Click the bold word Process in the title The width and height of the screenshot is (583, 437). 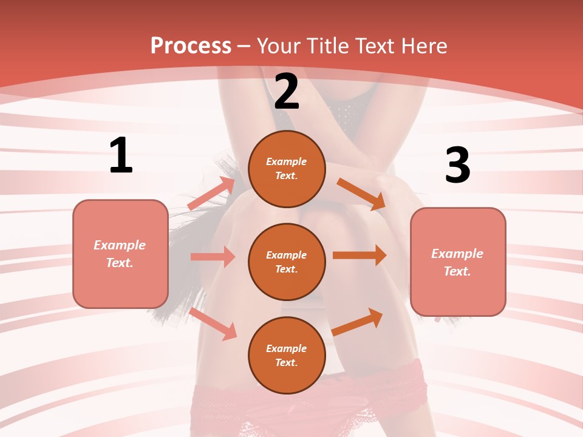pyautogui.click(x=191, y=46)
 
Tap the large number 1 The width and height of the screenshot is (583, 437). pyautogui.click(x=121, y=156)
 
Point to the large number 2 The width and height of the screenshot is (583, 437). pyautogui.click(x=287, y=92)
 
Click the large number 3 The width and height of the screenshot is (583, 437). pyautogui.click(x=457, y=165)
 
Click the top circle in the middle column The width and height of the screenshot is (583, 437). pyautogui.click(x=287, y=169)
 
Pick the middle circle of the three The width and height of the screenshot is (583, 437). pyautogui.click(x=287, y=262)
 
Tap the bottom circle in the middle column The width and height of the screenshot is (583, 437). pyautogui.click(x=287, y=355)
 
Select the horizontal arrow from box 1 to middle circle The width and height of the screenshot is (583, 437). pyautogui.click(x=213, y=257)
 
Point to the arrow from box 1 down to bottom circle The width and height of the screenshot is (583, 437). pyautogui.click(x=213, y=324)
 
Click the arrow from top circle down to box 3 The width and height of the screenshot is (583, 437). pyautogui.click(x=361, y=194)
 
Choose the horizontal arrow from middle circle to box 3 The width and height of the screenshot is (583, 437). pyautogui.click(x=360, y=255)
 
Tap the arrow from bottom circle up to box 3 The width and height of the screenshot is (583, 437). pyautogui.click(x=358, y=322)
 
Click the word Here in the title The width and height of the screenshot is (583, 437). pyautogui.click(x=424, y=46)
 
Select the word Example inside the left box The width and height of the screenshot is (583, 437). pyautogui.click(x=120, y=245)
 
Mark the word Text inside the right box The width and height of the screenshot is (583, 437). pyautogui.click(x=457, y=271)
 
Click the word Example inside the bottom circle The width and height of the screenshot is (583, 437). pyautogui.click(x=287, y=348)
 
